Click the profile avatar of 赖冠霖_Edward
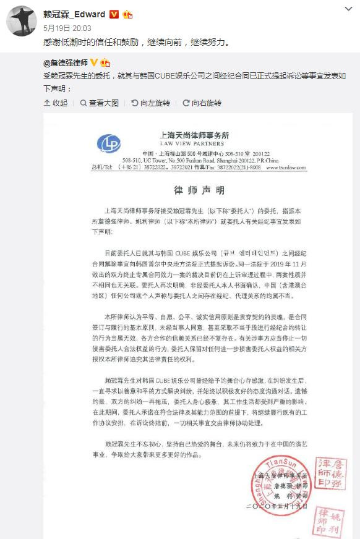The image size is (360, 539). [x=22, y=20]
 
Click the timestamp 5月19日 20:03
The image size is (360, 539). [x=67, y=28]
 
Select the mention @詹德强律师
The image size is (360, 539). [x=66, y=63]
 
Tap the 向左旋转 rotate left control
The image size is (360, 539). [x=150, y=103]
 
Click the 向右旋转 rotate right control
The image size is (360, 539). [x=201, y=103]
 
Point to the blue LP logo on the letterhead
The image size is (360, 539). [x=109, y=144]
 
